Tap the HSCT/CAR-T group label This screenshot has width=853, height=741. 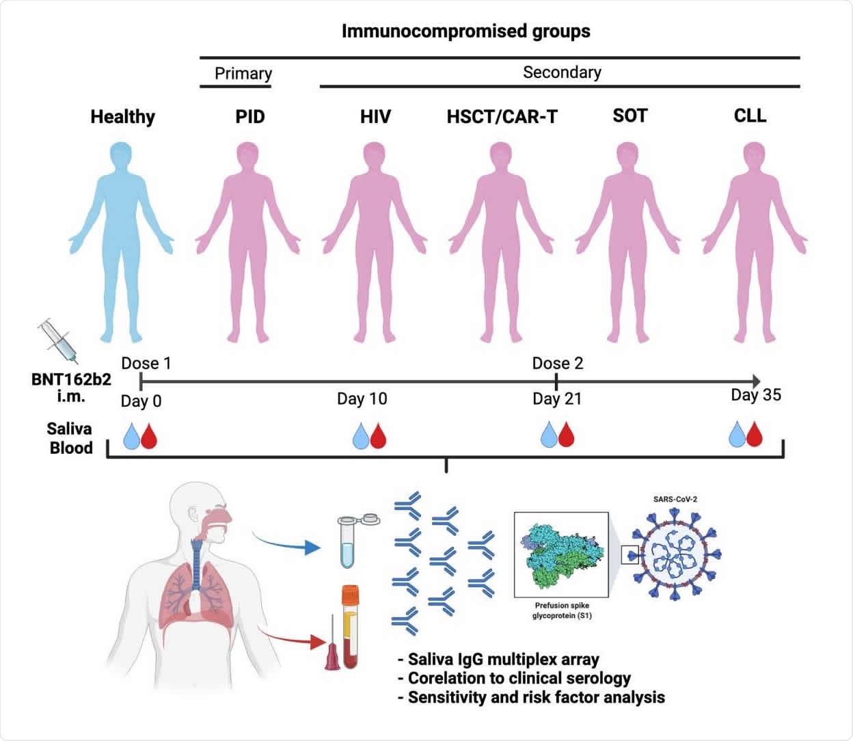(x=502, y=117)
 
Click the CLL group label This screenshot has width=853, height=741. (x=750, y=116)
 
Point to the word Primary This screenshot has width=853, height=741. (x=243, y=73)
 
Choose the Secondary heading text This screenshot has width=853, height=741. (x=562, y=72)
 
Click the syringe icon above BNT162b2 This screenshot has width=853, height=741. (x=58, y=340)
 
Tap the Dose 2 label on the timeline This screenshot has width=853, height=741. (x=558, y=363)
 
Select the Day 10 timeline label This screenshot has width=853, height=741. (x=362, y=399)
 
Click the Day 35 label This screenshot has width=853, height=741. (x=755, y=395)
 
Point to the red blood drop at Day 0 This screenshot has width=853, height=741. (x=148, y=436)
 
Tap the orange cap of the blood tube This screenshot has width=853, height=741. (x=351, y=593)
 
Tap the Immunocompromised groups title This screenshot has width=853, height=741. (x=465, y=31)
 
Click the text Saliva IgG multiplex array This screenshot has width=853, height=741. (x=503, y=660)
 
